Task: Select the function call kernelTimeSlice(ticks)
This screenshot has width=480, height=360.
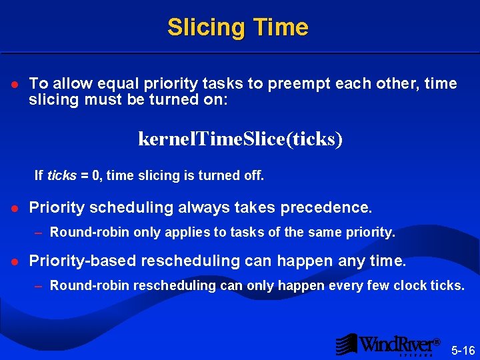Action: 240,139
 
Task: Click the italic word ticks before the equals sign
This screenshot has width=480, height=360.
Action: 61,176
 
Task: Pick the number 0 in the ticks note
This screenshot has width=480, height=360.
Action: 96,176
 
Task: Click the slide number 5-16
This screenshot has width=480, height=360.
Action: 463,351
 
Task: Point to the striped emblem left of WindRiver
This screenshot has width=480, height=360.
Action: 346,344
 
